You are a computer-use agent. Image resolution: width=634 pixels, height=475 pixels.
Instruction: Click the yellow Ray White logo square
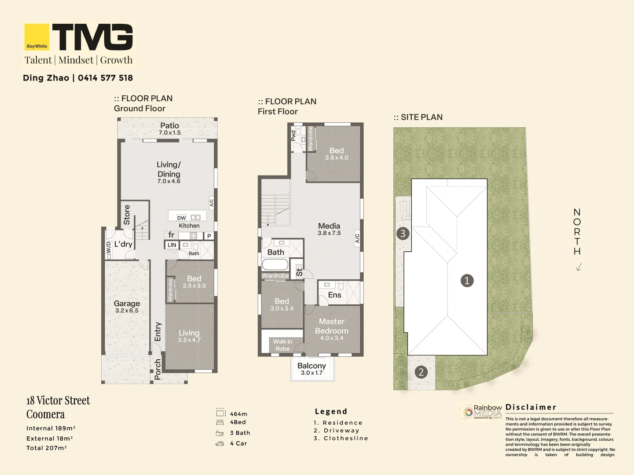(x=37, y=37)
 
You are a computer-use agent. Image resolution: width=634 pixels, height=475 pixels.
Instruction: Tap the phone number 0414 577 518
(x=106, y=78)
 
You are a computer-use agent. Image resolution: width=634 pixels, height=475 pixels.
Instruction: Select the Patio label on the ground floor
(x=169, y=126)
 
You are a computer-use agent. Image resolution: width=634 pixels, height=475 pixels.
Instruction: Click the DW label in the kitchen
(x=181, y=218)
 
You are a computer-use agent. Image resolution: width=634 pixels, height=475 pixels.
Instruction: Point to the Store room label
(x=127, y=215)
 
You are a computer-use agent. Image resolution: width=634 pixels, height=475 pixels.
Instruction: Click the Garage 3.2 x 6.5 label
(x=127, y=307)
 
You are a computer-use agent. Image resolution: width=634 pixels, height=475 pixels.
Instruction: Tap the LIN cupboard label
(x=172, y=245)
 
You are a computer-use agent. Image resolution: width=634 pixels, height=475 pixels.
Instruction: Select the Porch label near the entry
(x=158, y=369)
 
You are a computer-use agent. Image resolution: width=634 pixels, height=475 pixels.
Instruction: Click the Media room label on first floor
(x=329, y=226)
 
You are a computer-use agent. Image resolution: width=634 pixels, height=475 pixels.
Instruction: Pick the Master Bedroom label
(x=332, y=326)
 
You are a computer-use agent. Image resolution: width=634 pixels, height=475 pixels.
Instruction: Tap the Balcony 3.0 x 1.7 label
(x=312, y=369)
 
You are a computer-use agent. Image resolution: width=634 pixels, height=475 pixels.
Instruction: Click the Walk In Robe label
(x=282, y=345)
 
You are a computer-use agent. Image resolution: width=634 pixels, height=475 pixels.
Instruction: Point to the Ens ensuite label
(x=334, y=295)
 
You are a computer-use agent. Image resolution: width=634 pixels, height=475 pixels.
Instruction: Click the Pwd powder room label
(x=293, y=135)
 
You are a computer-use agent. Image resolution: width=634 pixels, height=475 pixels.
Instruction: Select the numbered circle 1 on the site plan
(x=467, y=281)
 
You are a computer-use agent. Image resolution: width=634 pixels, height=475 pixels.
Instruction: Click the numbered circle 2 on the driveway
(x=421, y=372)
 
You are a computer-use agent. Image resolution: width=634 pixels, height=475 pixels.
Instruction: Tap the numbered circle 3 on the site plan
(x=403, y=233)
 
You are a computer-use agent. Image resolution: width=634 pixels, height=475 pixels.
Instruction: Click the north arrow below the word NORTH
(x=579, y=267)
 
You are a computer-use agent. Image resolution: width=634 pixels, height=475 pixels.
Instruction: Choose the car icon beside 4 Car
(x=220, y=444)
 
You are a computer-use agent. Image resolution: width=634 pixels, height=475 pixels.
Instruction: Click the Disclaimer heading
(x=531, y=407)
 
